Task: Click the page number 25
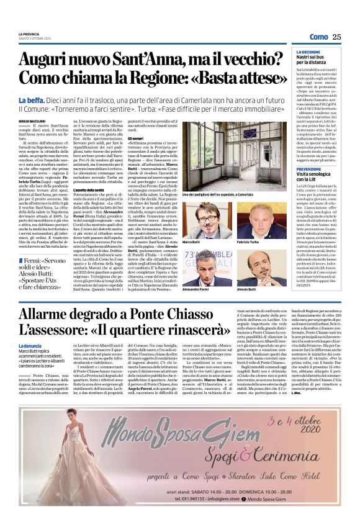(x=336, y=37)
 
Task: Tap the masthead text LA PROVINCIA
(x=30, y=34)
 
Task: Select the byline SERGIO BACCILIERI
(x=33, y=120)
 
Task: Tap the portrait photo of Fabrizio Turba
(x=253, y=217)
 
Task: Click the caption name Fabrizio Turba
(x=248, y=241)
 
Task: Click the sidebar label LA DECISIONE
(x=308, y=53)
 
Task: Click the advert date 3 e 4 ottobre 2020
(x=303, y=438)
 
